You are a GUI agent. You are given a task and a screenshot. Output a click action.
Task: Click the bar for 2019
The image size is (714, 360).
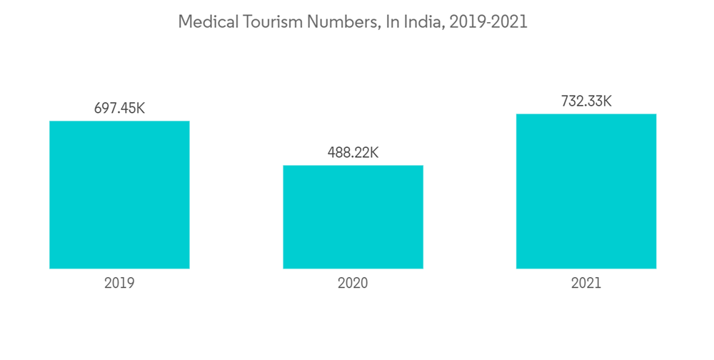119,195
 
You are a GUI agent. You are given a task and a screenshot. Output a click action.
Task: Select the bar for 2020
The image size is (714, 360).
353,217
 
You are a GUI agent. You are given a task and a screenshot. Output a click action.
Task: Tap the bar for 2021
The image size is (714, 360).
586,191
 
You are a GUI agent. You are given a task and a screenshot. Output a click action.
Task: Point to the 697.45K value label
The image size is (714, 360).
119,109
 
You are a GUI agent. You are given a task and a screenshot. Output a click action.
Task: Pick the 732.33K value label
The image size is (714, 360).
586,101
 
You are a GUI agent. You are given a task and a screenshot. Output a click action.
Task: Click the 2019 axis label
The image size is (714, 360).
119,283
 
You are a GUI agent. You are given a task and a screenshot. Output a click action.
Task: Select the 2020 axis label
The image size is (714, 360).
353,283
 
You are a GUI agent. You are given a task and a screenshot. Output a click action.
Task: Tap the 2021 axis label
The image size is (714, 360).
586,283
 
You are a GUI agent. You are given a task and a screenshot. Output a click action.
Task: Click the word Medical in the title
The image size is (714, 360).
203,22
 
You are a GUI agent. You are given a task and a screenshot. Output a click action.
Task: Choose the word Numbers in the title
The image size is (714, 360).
338,22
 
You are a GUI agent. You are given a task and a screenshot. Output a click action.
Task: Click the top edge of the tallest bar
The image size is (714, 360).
586,114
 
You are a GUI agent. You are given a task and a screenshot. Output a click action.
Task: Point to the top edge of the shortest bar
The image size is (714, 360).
353,166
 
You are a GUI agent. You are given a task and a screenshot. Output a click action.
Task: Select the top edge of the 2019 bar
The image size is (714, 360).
119,121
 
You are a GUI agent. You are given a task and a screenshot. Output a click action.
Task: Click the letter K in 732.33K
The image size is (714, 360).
607,101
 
